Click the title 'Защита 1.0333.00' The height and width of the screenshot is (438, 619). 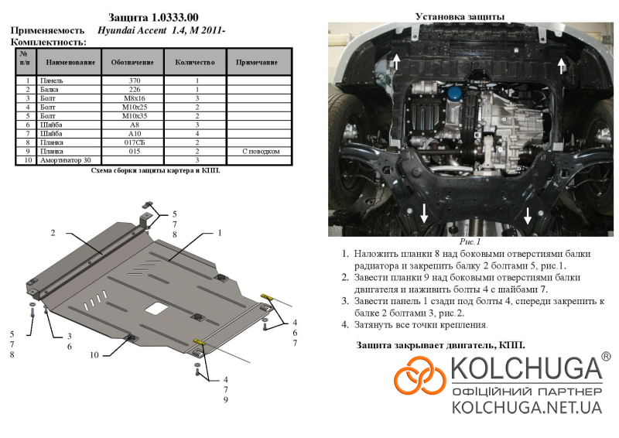pyautogui.click(x=153, y=17)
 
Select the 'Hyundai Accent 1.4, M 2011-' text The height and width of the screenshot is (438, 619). pyautogui.click(x=161, y=30)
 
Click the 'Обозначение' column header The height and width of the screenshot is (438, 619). pyautogui.click(x=132, y=63)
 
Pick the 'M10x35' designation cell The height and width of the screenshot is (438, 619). pyautogui.click(x=134, y=116)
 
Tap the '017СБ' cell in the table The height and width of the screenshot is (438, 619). pyautogui.click(x=134, y=142)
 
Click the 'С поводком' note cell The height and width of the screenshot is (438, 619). pyautogui.click(x=261, y=151)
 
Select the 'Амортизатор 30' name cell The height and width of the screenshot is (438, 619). pyautogui.click(x=66, y=160)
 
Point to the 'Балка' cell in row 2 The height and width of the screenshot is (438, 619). pyautogui.click(x=49, y=90)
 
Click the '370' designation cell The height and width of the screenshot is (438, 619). pyautogui.click(x=134, y=80)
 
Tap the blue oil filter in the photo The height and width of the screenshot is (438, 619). pyautogui.click(x=455, y=94)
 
